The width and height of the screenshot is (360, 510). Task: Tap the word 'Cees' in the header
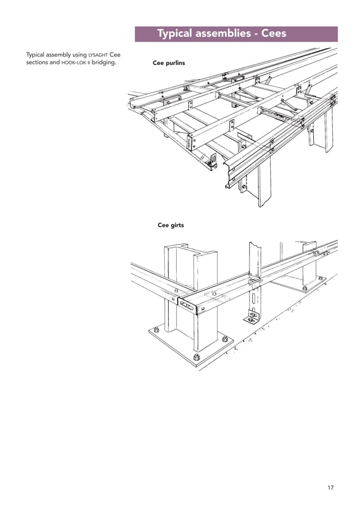click(x=273, y=34)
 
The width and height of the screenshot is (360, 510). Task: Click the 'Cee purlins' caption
click(x=169, y=63)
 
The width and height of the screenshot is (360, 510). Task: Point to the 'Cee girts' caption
click(x=170, y=225)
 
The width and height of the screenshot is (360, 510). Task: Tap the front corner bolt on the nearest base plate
click(x=196, y=358)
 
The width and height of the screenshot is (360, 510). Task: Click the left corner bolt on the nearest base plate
click(x=156, y=330)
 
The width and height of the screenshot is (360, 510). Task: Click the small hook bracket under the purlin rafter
click(x=213, y=161)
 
